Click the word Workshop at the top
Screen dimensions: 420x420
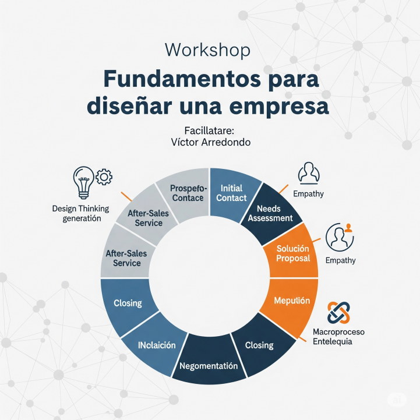coord(207,50)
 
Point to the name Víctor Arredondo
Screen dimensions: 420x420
coord(208,142)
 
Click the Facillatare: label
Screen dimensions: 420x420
coord(209,130)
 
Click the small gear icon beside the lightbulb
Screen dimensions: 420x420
coord(104,176)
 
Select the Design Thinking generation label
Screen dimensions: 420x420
coord(76,213)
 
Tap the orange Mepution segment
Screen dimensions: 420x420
coord(292,302)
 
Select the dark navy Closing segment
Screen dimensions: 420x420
coord(259,345)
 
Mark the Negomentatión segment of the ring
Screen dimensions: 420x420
coord(209,366)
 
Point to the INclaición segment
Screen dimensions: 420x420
coord(157,345)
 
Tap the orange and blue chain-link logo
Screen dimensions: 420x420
coord(339,312)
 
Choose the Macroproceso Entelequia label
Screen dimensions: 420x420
coord(338,336)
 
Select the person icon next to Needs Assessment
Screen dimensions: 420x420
coord(309,174)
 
